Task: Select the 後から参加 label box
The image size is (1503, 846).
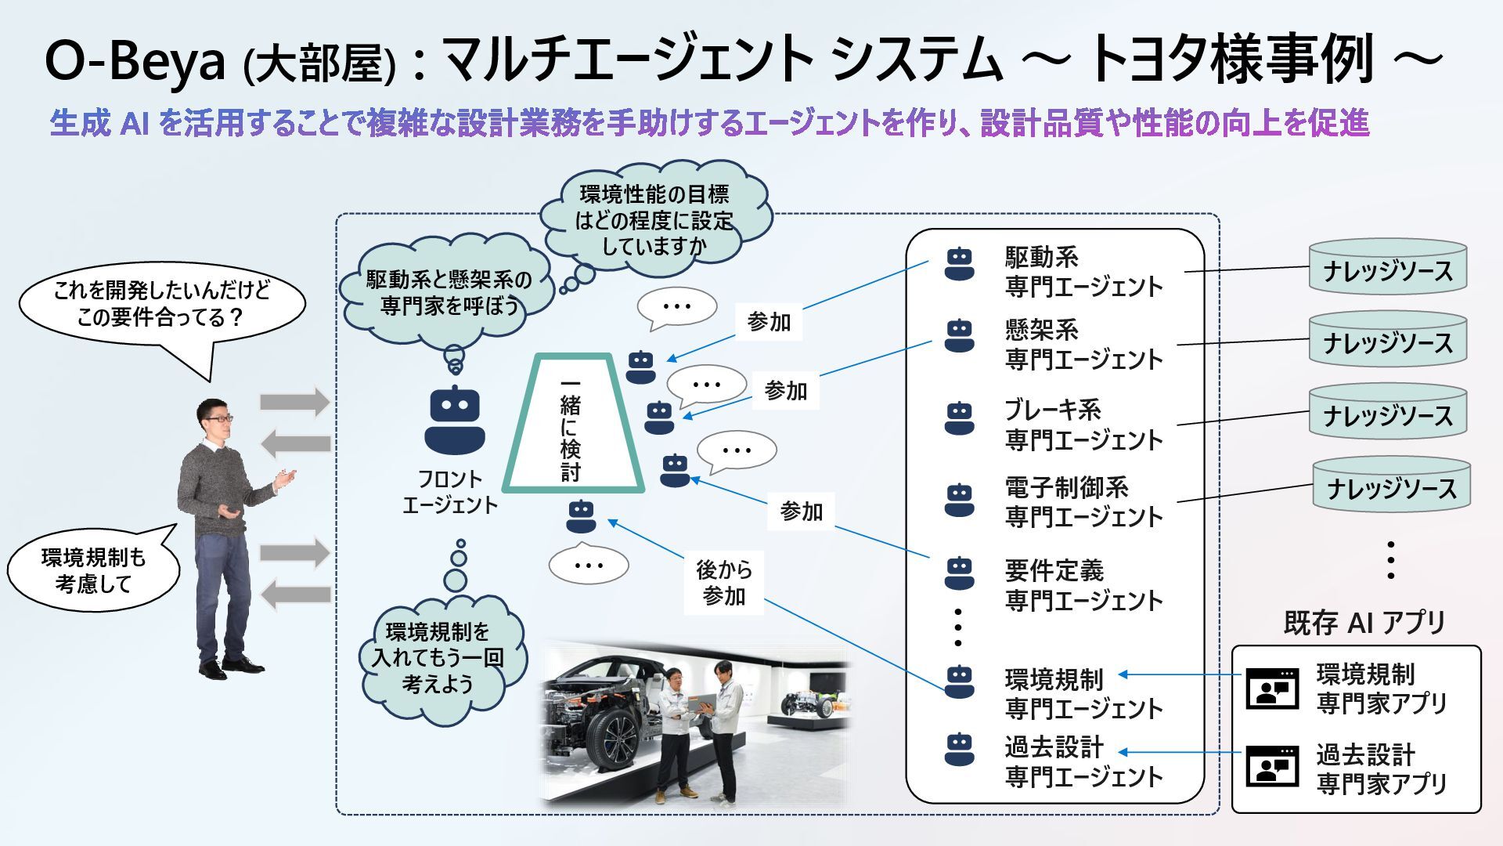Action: tap(723, 583)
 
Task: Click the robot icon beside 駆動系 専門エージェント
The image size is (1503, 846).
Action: tap(959, 264)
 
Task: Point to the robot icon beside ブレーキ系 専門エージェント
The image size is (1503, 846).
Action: tap(959, 418)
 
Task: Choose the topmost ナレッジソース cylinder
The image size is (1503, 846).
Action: tap(1387, 267)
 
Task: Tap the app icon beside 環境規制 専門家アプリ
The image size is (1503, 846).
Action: tap(1271, 689)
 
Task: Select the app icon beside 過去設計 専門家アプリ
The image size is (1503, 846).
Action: tap(1271, 766)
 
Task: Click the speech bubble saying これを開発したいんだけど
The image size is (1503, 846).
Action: tap(161, 305)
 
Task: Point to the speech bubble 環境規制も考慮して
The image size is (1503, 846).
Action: tap(92, 570)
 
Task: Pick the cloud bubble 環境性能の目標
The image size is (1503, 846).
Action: tap(654, 219)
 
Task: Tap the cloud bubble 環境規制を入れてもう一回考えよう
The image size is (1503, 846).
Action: tap(438, 658)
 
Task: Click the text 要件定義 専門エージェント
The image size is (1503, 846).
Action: tap(1083, 585)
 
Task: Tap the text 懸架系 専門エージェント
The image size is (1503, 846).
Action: tap(1083, 345)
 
